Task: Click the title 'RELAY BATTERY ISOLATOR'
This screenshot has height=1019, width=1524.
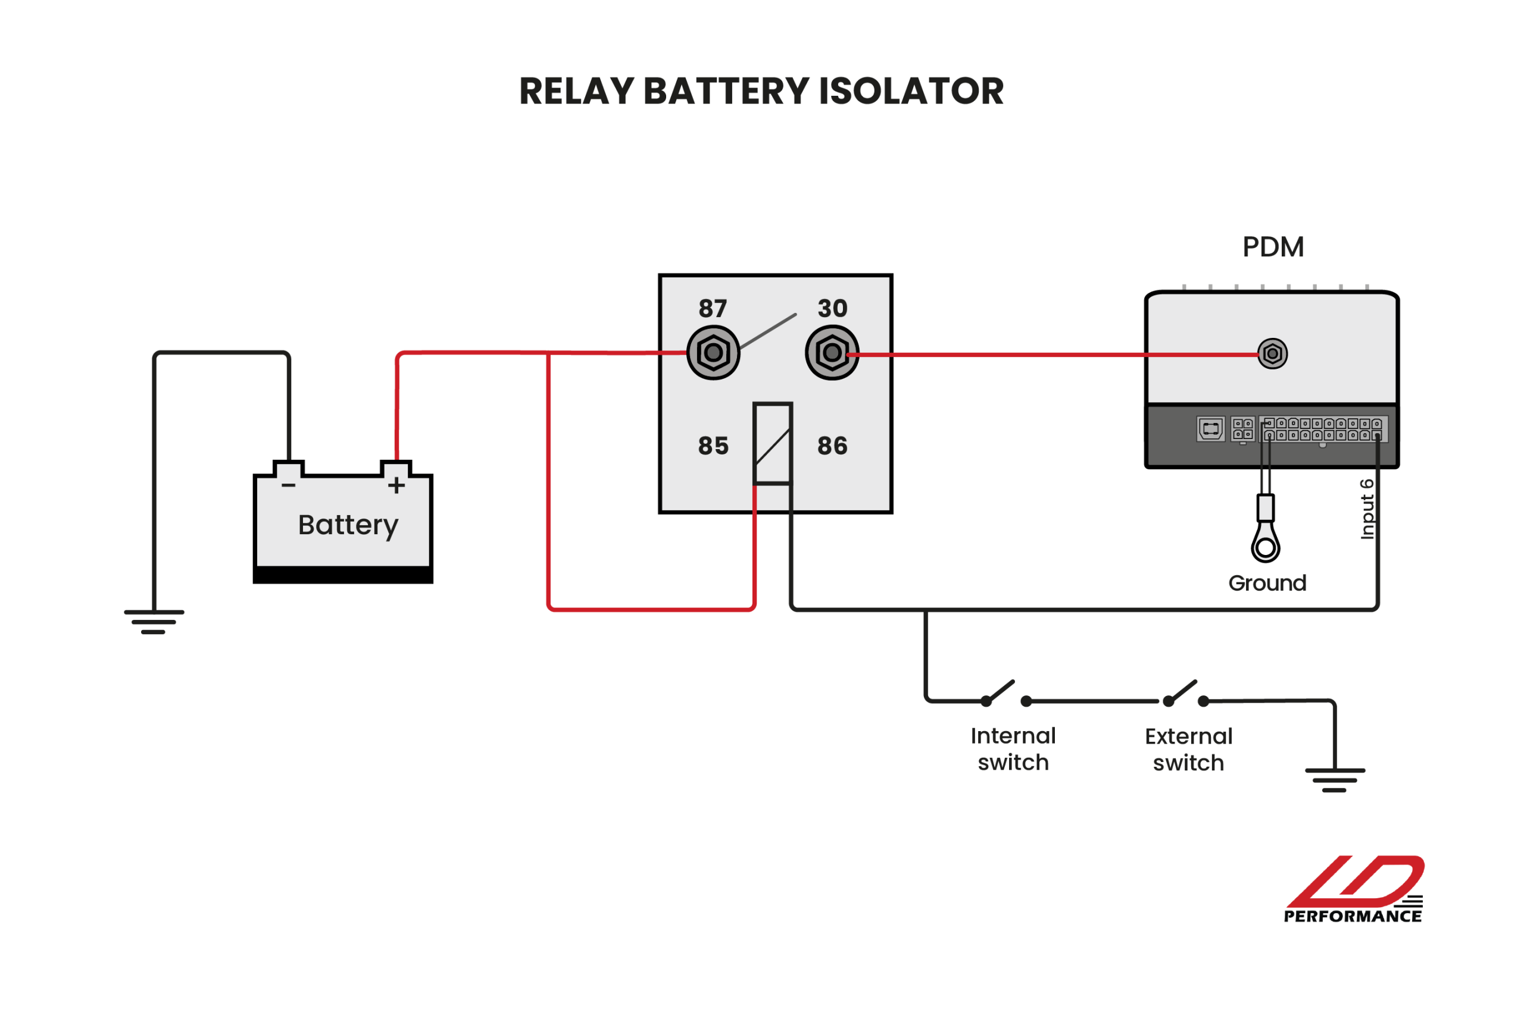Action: pyautogui.click(x=761, y=91)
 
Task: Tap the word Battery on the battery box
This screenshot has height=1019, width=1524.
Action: pyautogui.click(x=348, y=525)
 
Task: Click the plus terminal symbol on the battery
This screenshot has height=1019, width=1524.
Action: pyautogui.click(x=396, y=485)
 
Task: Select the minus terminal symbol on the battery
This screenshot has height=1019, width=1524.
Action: pyautogui.click(x=289, y=485)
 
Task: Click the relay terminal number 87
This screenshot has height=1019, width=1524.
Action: pyautogui.click(x=713, y=308)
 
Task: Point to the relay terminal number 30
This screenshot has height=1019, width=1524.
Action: pyautogui.click(x=832, y=308)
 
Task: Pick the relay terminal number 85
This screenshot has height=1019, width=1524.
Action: pyautogui.click(x=713, y=446)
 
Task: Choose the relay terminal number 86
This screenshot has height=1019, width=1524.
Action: pyautogui.click(x=832, y=446)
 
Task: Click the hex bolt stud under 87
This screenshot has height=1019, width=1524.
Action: pyautogui.click(x=713, y=353)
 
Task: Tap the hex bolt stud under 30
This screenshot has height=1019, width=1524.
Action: pyautogui.click(x=832, y=353)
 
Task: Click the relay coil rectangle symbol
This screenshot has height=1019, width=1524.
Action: pyautogui.click(x=772, y=444)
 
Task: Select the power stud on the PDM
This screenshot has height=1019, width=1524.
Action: pyautogui.click(x=1272, y=353)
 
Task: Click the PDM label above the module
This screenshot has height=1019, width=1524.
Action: pyautogui.click(x=1273, y=247)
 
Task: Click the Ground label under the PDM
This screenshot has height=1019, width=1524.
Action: pyautogui.click(x=1267, y=583)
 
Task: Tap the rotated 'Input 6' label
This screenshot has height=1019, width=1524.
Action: pyautogui.click(x=1367, y=509)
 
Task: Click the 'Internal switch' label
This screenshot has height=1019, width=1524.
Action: pyautogui.click(x=1013, y=750)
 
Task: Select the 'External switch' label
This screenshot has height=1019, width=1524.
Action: pyautogui.click(x=1188, y=750)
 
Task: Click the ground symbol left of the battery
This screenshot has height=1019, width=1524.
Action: pyautogui.click(x=154, y=621)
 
